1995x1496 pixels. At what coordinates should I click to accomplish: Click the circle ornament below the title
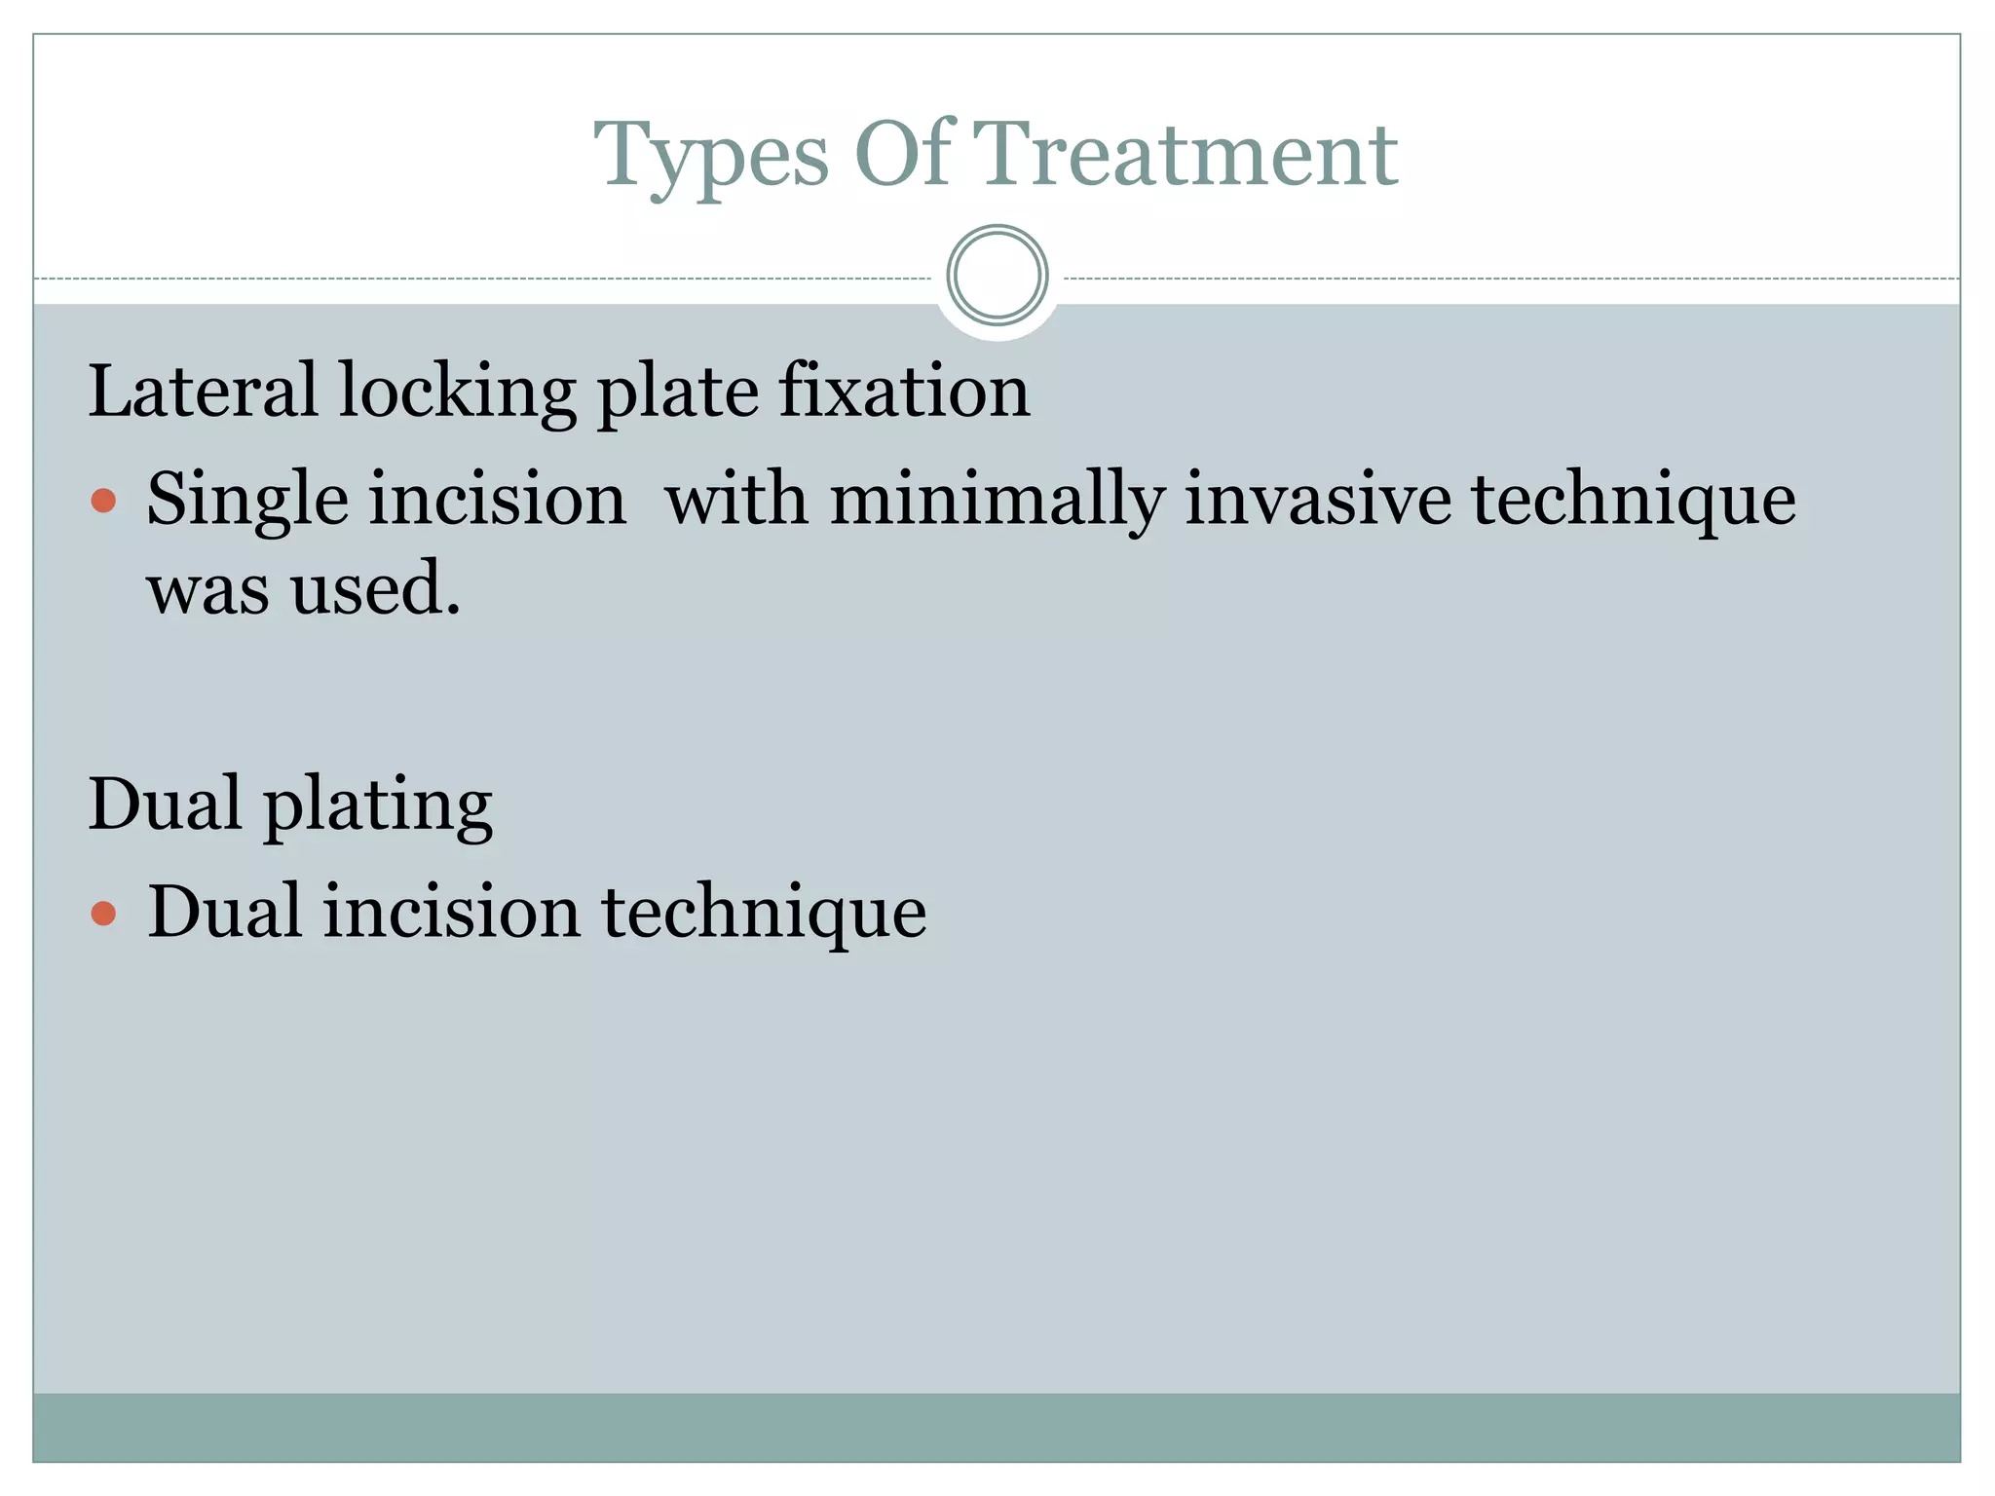tap(997, 276)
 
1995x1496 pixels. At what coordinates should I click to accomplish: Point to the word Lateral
tap(203, 391)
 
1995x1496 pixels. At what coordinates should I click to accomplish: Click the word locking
tap(457, 393)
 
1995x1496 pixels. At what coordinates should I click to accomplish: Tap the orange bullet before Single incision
tap(103, 501)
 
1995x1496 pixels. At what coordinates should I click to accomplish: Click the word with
tap(736, 499)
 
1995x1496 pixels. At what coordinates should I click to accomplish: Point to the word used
tap(375, 590)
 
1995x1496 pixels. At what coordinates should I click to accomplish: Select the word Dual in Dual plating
tap(165, 804)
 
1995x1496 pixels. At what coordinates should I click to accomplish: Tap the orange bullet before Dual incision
tap(103, 914)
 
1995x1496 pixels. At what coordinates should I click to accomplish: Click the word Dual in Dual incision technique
tap(224, 913)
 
